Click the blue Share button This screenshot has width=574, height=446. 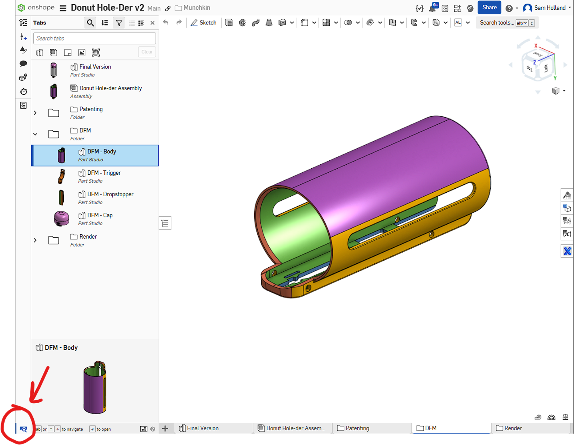point(489,8)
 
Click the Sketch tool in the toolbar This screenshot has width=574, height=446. point(204,23)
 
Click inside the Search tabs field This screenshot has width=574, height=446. point(94,38)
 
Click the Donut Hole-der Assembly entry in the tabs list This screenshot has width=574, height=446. point(110,88)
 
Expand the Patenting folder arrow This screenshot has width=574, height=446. point(35,113)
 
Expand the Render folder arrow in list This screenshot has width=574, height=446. point(35,240)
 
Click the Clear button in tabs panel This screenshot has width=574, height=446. point(147,52)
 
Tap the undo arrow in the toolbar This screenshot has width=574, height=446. point(165,23)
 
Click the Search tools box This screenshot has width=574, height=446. point(497,23)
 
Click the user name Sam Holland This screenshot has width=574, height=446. point(549,8)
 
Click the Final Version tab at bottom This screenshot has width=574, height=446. point(202,428)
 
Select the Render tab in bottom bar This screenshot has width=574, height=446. point(513,428)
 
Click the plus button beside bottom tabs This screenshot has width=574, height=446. point(165,428)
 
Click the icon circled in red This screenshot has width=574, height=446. point(23,429)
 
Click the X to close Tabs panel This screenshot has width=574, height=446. point(152,23)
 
